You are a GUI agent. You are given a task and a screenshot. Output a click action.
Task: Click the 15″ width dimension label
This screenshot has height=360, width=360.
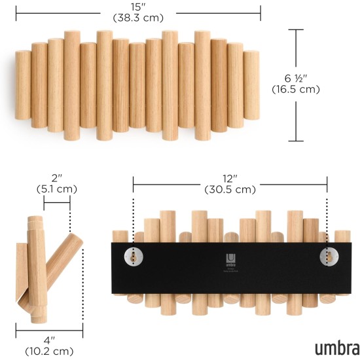[138, 7]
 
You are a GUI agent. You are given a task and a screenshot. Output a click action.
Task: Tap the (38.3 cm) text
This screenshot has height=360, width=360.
[138, 18]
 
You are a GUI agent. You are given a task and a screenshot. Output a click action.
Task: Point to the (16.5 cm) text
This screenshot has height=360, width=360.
[296, 90]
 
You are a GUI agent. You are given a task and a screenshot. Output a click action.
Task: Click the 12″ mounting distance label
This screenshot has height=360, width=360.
[230, 178]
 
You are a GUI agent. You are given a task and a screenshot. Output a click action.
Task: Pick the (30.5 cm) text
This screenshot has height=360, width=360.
[230, 190]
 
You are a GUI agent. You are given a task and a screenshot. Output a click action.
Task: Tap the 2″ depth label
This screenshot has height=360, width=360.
[57, 177]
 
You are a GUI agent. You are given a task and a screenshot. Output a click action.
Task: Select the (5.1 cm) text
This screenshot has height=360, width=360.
[57, 189]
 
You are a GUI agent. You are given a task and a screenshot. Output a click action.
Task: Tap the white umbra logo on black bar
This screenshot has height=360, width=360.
[230, 258]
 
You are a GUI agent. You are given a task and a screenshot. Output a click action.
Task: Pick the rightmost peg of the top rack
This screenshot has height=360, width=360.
[252, 81]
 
